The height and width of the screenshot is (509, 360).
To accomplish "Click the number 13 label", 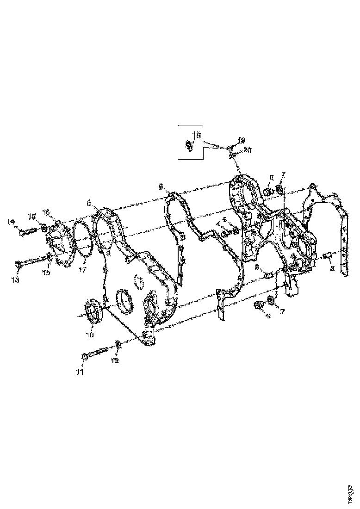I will [16, 280].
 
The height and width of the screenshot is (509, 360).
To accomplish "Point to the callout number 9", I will [161, 186].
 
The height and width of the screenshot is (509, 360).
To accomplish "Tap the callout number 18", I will [196, 135].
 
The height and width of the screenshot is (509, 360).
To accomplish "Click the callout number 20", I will [247, 150].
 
